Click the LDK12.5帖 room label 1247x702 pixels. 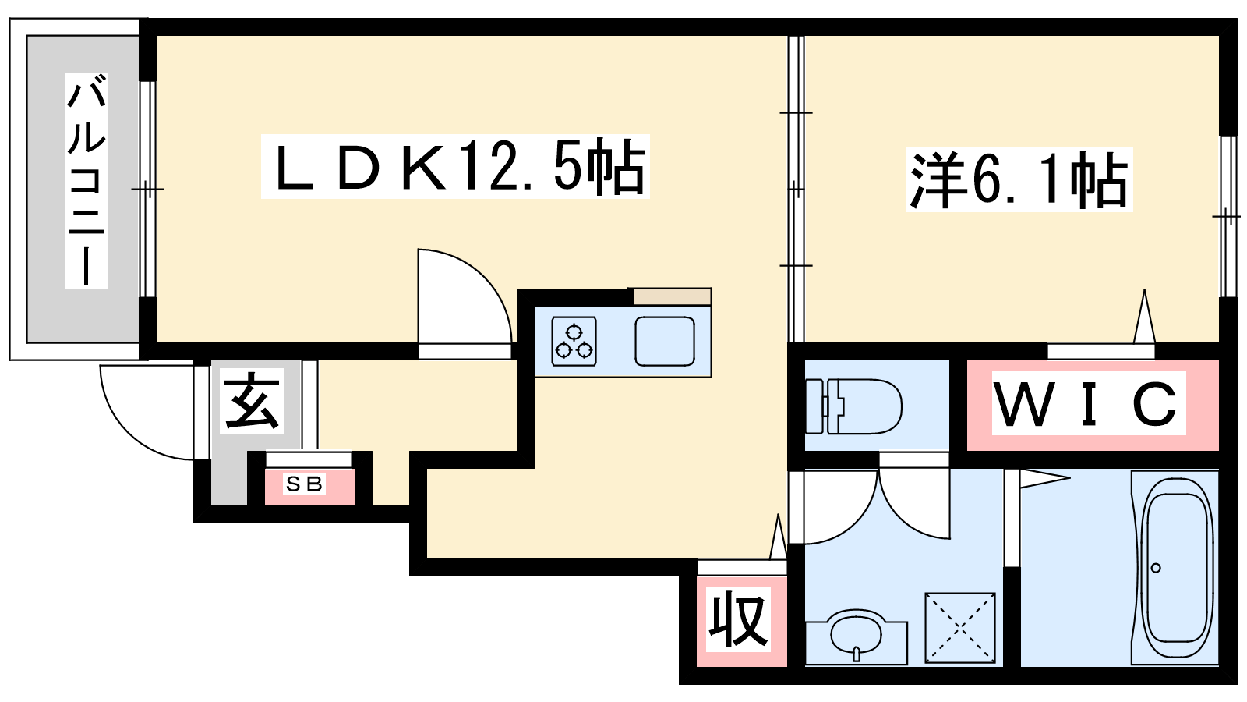455,167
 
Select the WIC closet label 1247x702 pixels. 1086,403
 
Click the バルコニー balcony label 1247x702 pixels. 86,179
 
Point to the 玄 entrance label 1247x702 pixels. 251,401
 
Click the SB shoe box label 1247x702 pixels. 305,484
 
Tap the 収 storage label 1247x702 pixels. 738,619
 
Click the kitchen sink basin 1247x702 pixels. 665,342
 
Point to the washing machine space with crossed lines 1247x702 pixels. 960,629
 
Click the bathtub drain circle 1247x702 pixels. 1156,568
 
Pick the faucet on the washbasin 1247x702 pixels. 857,654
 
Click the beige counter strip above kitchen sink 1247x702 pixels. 671,296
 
